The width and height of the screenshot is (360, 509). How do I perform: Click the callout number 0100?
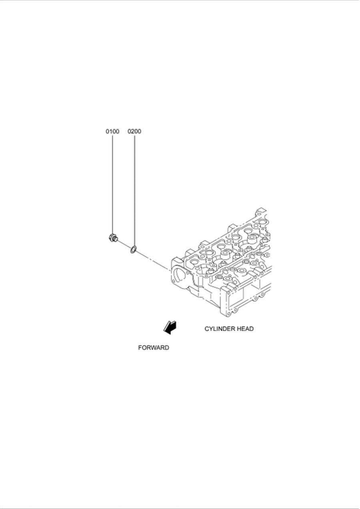click(x=112, y=131)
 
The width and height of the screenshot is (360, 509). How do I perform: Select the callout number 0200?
click(x=134, y=131)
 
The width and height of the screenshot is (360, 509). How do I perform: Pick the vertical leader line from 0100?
click(x=112, y=184)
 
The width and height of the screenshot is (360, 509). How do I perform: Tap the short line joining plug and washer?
click(x=124, y=244)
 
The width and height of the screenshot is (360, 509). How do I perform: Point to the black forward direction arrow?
click(x=170, y=327)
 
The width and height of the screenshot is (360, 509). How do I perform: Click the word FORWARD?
click(x=154, y=348)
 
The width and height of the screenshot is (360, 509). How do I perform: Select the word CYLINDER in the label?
click(x=219, y=329)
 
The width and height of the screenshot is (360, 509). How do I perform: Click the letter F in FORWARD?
click(x=140, y=348)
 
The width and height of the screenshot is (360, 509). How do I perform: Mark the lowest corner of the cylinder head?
click(x=228, y=316)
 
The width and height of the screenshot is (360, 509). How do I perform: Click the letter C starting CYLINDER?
click(x=207, y=329)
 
